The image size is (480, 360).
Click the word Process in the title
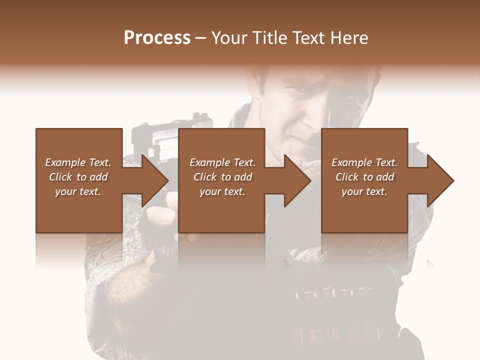(x=157, y=38)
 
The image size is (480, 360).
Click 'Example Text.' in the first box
(x=78, y=162)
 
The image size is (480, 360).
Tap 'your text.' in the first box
(x=78, y=191)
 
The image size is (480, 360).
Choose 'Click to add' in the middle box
(x=222, y=177)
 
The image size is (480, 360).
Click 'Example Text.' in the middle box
(x=222, y=162)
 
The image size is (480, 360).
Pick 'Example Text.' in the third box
(x=364, y=162)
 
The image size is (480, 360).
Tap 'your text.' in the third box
(x=364, y=191)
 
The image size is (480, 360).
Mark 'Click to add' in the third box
(x=364, y=177)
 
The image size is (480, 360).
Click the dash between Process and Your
(x=201, y=38)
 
